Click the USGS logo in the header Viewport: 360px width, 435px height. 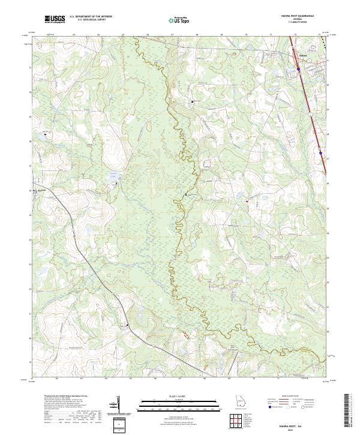click(x=55, y=20)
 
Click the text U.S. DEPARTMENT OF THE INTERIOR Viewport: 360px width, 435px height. click(x=89, y=17)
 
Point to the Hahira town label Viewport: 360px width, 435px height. click(x=305, y=58)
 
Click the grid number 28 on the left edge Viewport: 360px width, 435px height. click(x=31, y=142)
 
